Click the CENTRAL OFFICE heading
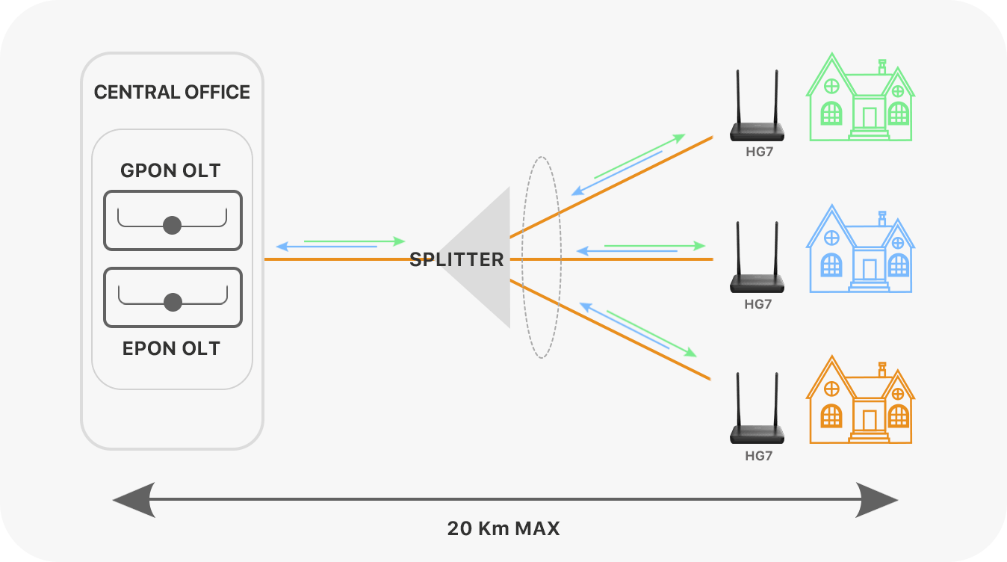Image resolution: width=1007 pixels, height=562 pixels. (172, 93)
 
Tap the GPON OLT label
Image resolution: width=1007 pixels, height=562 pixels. (170, 171)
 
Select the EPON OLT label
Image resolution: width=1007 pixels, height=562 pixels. (171, 348)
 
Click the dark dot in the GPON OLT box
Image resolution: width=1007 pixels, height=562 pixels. (173, 225)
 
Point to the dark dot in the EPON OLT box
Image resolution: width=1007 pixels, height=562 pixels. (173, 302)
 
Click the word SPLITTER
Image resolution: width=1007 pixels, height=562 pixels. (456, 260)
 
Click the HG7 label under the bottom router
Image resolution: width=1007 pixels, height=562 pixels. (758, 455)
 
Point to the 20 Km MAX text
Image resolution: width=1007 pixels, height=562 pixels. (503, 528)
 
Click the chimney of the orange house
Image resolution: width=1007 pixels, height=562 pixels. (882, 370)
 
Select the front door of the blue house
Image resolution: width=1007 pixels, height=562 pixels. (870, 269)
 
